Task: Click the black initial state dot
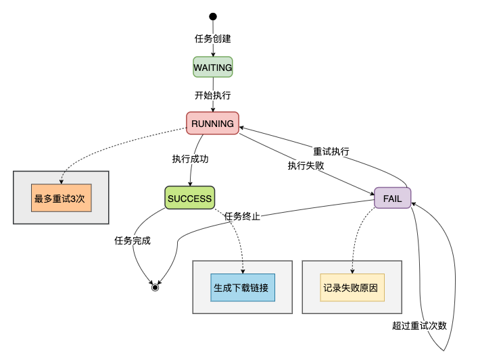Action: point(213,16)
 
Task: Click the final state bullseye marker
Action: point(155,287)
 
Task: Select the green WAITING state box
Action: point(213,68)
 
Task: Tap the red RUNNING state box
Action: point(213,124)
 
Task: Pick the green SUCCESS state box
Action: point(190,198)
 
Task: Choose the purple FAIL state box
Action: point(393,198)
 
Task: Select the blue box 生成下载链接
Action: point(242,287)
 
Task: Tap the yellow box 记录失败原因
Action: point(352,287)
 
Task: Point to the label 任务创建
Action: point(213,38)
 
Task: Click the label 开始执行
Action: point(213,95)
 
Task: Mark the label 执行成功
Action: point(190,159)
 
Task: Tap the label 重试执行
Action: point(331,151)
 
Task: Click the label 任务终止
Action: point(242,216)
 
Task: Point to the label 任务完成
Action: point(133,240)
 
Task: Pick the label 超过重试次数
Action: point(419,325)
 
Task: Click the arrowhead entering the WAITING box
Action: point(213,54)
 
